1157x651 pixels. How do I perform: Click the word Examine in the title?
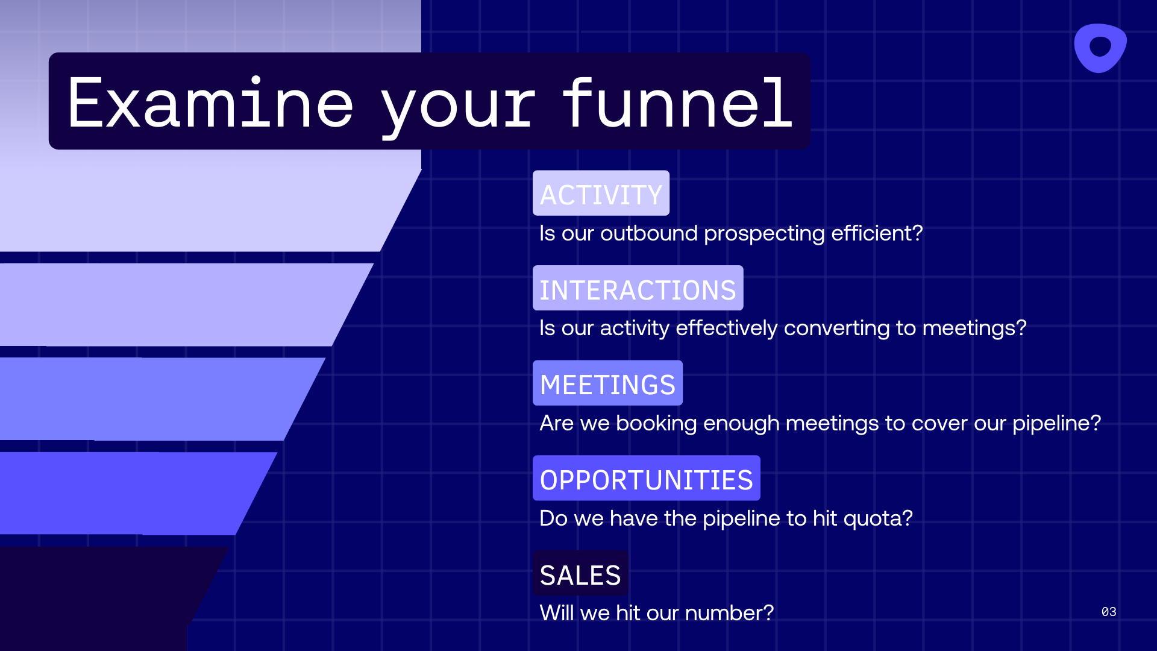click(x=210, y=104)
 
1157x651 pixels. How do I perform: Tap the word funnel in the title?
click(x=677, y=104)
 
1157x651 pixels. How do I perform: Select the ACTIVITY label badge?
click(x=601, y=193)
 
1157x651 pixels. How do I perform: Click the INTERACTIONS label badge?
click(x=638, y=289)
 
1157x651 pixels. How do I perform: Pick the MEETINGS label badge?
click(x=607, y=383)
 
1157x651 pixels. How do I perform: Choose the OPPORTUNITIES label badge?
click(x=646, y=479)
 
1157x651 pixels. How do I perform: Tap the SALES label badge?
click(x=580, y=574)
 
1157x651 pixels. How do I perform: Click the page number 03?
click(x=1109, y=612)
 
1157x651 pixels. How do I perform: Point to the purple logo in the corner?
click(x=1100, y=48)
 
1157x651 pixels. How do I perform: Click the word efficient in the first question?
click(x=877, y=233)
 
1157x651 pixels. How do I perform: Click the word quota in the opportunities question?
click(x=878, y=518)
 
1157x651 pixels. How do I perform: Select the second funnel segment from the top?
click(x=169, y=304)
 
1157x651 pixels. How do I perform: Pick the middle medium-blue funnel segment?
click(x=145, y=399)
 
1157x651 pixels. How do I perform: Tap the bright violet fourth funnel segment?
click(x=121, y=493)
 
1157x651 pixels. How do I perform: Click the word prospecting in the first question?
click(x=764, y=233)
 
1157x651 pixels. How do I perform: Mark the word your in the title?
click(x=458, y=104)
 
